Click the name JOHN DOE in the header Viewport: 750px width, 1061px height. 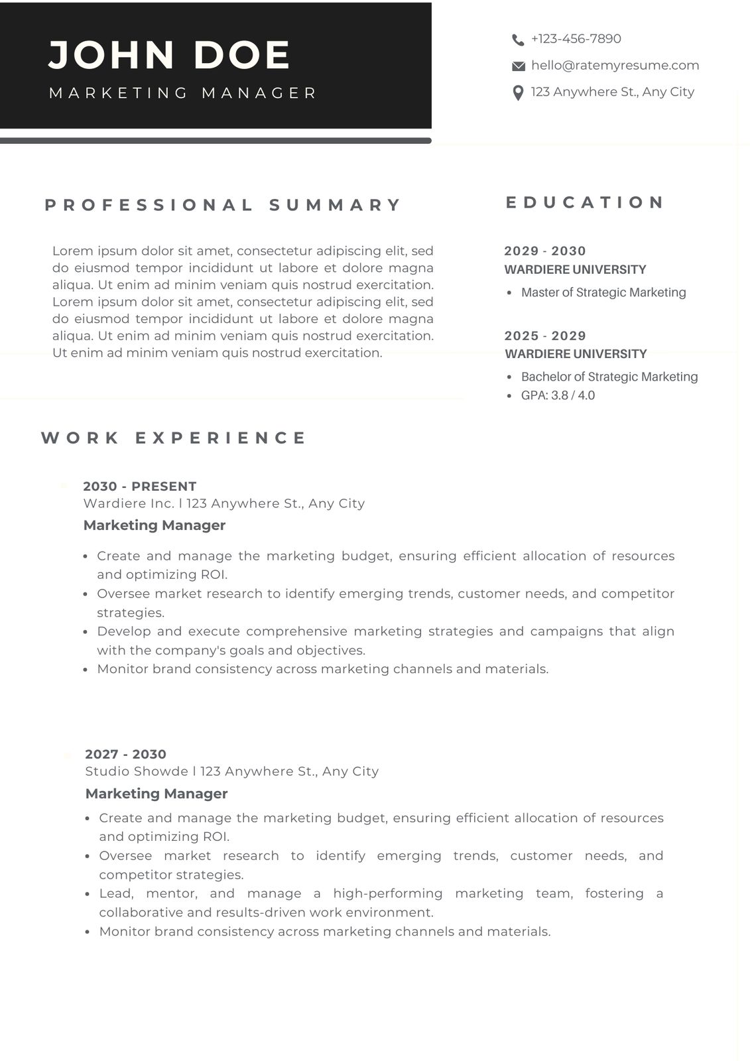[170, 54]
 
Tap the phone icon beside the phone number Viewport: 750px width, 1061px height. [518, 40]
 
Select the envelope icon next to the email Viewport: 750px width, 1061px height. [519, 66]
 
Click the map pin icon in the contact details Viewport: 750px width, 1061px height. [519, 93]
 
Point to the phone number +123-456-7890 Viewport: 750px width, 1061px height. [576, 39]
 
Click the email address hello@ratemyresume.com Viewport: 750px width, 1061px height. [615, 66]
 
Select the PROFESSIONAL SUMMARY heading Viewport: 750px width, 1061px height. [223, 205]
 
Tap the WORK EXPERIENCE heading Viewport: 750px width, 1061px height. [174, 438]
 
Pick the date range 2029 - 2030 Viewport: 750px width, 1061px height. [545, 251]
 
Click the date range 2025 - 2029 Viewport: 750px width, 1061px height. [545, 336]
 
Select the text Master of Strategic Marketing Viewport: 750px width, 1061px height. [603, 292]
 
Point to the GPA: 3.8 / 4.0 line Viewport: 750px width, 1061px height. [558, 395]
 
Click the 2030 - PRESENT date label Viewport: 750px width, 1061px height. [140, 486]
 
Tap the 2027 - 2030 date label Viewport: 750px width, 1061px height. [125, 754]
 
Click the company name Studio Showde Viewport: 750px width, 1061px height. [137, 771]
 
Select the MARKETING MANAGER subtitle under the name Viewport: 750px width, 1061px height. [183, 93]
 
